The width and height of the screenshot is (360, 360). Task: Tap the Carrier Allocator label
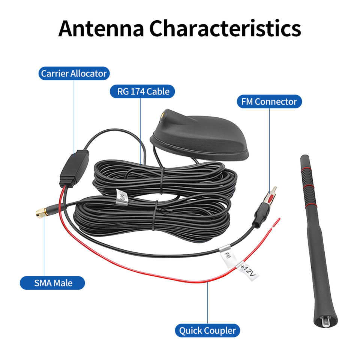pyautogui.click(x=74, y=73)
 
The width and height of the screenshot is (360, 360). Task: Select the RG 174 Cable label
pyautogui.click(x=143, y=91)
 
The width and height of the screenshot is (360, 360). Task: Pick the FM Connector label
pyautogui.click(x=269, y=101)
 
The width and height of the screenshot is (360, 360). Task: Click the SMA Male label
pyautogui.click(x=52, y=282)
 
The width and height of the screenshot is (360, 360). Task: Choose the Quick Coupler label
pyautogui.click(x=207, y=330)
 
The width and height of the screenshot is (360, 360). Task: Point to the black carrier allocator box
pyautogui.click(x=74, y=168)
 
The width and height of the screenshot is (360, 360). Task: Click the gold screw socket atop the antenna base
pyautogui.click(x=165, y=113)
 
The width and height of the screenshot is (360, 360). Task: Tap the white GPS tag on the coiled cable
pyautogui.click(x=121, y=197)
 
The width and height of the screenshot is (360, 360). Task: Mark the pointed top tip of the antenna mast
pyautogui.click(x=303, y=156)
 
